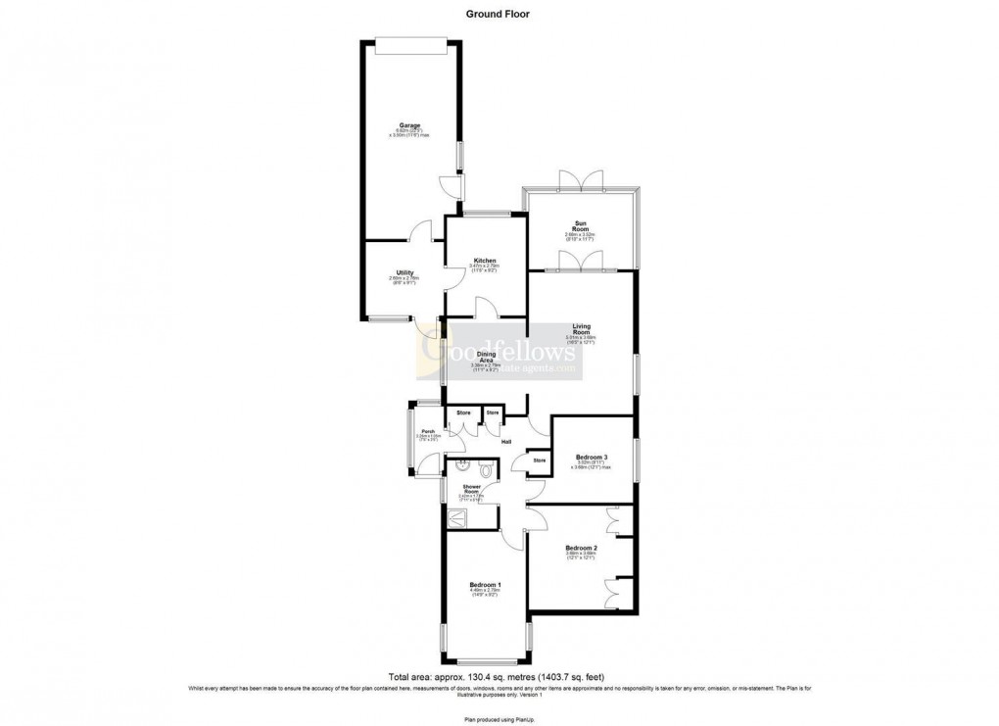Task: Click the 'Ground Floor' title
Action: tap(499, 15)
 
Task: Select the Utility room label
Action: tap(404, 272)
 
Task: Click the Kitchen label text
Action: tap(485, 261)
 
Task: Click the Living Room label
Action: tap(581, 329)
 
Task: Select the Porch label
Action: tap(428, 432)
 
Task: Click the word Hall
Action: tap(506, 443)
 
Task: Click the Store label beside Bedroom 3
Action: tap(539, 460)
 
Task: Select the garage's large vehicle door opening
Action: tap(411, 40)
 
